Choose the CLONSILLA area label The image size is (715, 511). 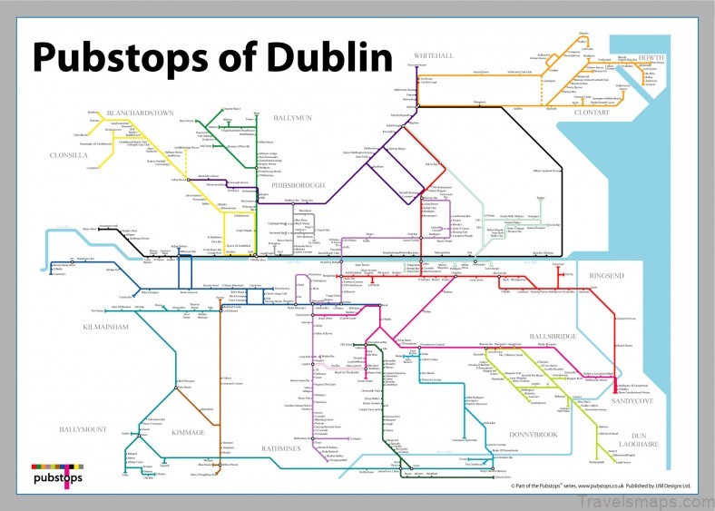pos(68,155)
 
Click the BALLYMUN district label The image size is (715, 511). pos(292,118)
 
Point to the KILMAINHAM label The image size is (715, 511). pos(108,324)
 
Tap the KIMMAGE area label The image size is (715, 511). pos(190,433)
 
